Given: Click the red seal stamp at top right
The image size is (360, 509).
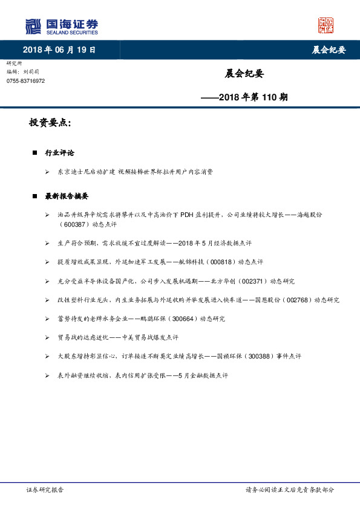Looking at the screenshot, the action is [x=326, y=25].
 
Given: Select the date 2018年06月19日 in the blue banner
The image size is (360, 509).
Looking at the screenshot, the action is [x=59, y=50].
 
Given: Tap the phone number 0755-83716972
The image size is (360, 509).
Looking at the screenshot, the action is [x=25, y=81].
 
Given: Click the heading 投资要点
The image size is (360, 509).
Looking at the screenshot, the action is [x=50, y=123].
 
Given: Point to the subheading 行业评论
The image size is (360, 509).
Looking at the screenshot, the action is [x=60, y=153].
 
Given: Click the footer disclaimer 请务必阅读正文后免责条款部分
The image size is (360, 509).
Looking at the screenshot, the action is [x=290, y=490].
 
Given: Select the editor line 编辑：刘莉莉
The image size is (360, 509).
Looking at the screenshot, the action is [x=22, y=71].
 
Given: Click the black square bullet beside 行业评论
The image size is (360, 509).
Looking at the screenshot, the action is [x=35, y=154].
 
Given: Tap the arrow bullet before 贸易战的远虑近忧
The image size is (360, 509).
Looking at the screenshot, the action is [x=47, y=338].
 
